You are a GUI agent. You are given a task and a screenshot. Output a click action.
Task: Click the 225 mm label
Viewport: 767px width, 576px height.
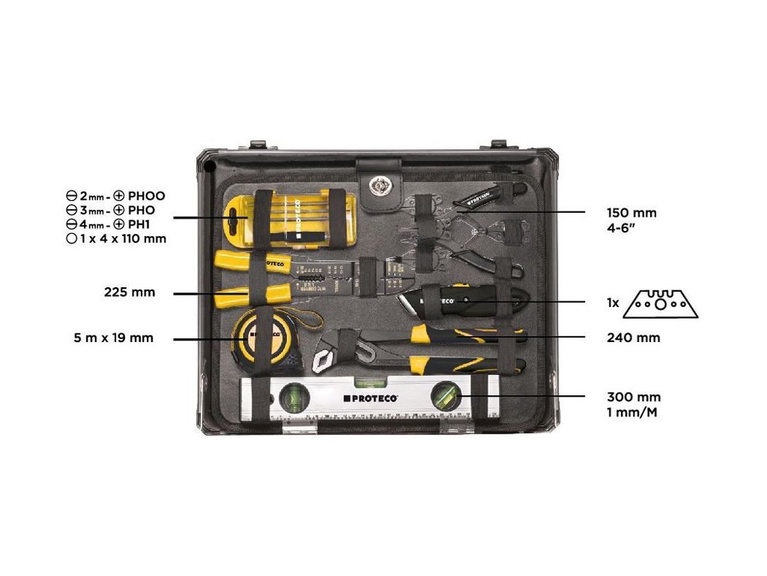tap(130, 292)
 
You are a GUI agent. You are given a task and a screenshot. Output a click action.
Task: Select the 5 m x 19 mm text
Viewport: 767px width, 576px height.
tap(114, 338)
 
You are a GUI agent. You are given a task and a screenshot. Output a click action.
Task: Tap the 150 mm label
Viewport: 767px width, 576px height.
tap(631, 213)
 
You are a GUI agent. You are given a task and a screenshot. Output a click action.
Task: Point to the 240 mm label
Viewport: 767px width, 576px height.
tap(633, 338)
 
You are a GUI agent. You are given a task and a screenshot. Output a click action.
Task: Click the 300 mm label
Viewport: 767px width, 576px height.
tap(633, 397)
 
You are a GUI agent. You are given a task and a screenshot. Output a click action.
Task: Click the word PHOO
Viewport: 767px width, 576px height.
tap(147, 196)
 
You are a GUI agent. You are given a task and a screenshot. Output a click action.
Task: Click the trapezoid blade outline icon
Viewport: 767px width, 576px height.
tap(659, 303)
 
